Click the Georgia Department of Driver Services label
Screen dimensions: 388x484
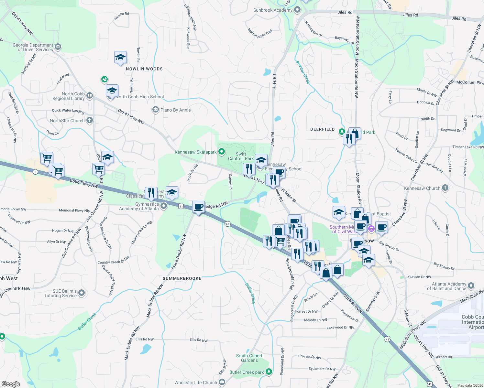[x=33, y=47]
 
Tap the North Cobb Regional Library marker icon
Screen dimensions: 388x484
[x=90, y=95]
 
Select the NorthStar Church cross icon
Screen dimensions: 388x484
[x=90, y=120]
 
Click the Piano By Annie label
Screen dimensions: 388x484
[x=175, y=110]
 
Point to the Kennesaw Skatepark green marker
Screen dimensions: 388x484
[x=222, y=151]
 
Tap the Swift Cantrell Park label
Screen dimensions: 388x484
[x=241, y=156]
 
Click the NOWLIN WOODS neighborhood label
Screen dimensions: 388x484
[x=144, y=69]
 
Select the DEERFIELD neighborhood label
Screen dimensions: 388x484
[x=322, y=129]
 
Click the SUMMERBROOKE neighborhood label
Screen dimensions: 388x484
[x=182, y=278]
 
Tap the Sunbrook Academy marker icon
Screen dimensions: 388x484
[x=297, y=10]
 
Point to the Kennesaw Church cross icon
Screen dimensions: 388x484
[x=445, y=188]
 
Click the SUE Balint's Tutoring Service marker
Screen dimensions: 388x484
[x=82, y=293]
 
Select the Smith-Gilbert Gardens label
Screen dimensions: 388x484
[x=249, y=358]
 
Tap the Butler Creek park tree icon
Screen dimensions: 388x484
[x=269, y=372]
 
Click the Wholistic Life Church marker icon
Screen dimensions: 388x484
[x=222, y=382]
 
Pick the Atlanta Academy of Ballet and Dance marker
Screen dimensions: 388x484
[x=471, y=286]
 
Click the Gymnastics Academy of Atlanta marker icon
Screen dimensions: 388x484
[x=164, y=206]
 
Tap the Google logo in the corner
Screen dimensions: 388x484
[x=11, y=384]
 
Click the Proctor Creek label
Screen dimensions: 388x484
[x=303, y=72]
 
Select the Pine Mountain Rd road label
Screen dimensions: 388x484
[x=290, y=273]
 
